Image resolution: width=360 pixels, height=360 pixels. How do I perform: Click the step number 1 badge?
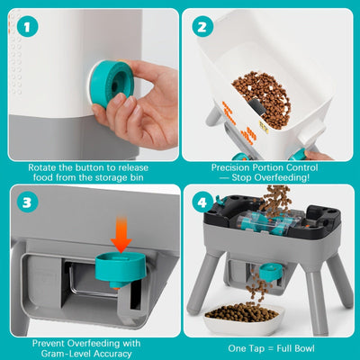28,27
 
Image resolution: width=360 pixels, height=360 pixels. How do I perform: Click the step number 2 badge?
202,27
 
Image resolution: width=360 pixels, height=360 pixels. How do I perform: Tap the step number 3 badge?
27,202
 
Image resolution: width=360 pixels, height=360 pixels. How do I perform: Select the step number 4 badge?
202,202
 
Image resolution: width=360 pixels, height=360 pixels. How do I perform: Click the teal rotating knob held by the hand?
112,84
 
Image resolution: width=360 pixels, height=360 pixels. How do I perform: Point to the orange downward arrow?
121,234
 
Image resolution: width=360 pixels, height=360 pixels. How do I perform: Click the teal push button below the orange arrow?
121,269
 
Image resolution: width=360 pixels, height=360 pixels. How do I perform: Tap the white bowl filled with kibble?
244,319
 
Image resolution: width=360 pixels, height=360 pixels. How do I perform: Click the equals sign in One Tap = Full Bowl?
271,348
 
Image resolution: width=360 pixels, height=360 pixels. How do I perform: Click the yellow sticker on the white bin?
264,126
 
